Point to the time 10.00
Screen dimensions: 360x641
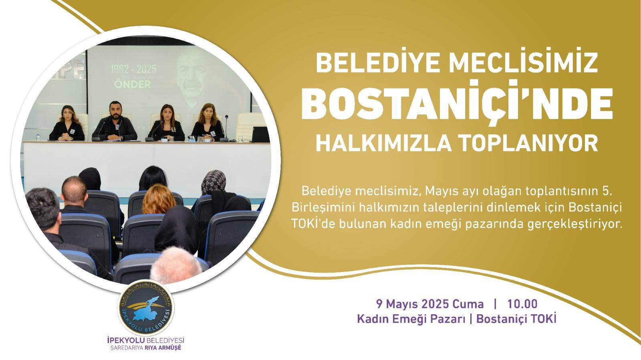[522, 304]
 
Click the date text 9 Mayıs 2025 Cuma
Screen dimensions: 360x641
[430, 304]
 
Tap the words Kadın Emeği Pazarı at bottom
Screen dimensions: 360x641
[411, 319]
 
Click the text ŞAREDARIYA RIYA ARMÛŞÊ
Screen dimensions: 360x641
[146, 348]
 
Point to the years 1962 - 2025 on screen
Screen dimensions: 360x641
[133, 69]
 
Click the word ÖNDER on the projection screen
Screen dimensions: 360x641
[133, 84]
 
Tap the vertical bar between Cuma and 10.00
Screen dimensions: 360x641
[496, 304]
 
